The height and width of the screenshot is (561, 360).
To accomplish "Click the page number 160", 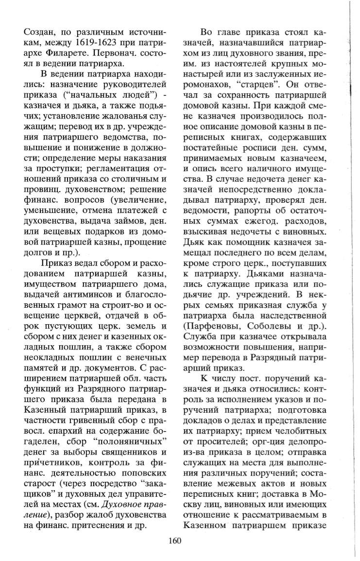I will tap(175, 543).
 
